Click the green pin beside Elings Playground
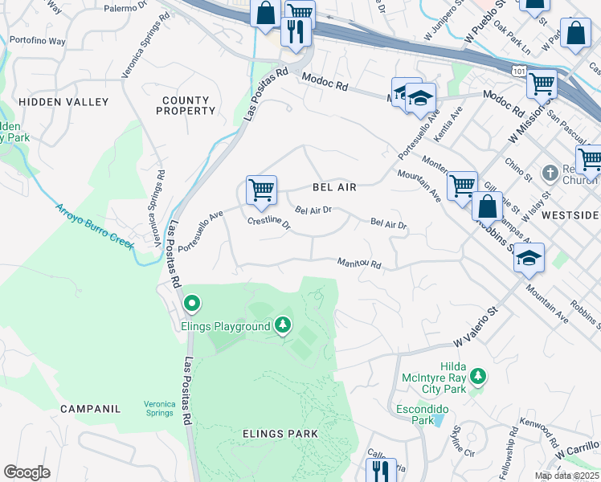[x=192, y=304]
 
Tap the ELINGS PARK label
[x=280, y=434]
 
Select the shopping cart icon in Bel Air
[x=261, y=190]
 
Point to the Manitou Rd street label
[x=359, y=263]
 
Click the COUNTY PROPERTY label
[x=186, y=106]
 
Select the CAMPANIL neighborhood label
[x=90, y=409]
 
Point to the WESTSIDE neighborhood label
[x=570, y=216]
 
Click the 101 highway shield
[x=519, y=72]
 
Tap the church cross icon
[x=550, y=173]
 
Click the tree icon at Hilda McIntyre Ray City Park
[x=477, y=376]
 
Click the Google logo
[x=27, y=472]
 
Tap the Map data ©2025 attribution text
[x=566, y=476]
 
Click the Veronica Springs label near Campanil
[x=159, y=408]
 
